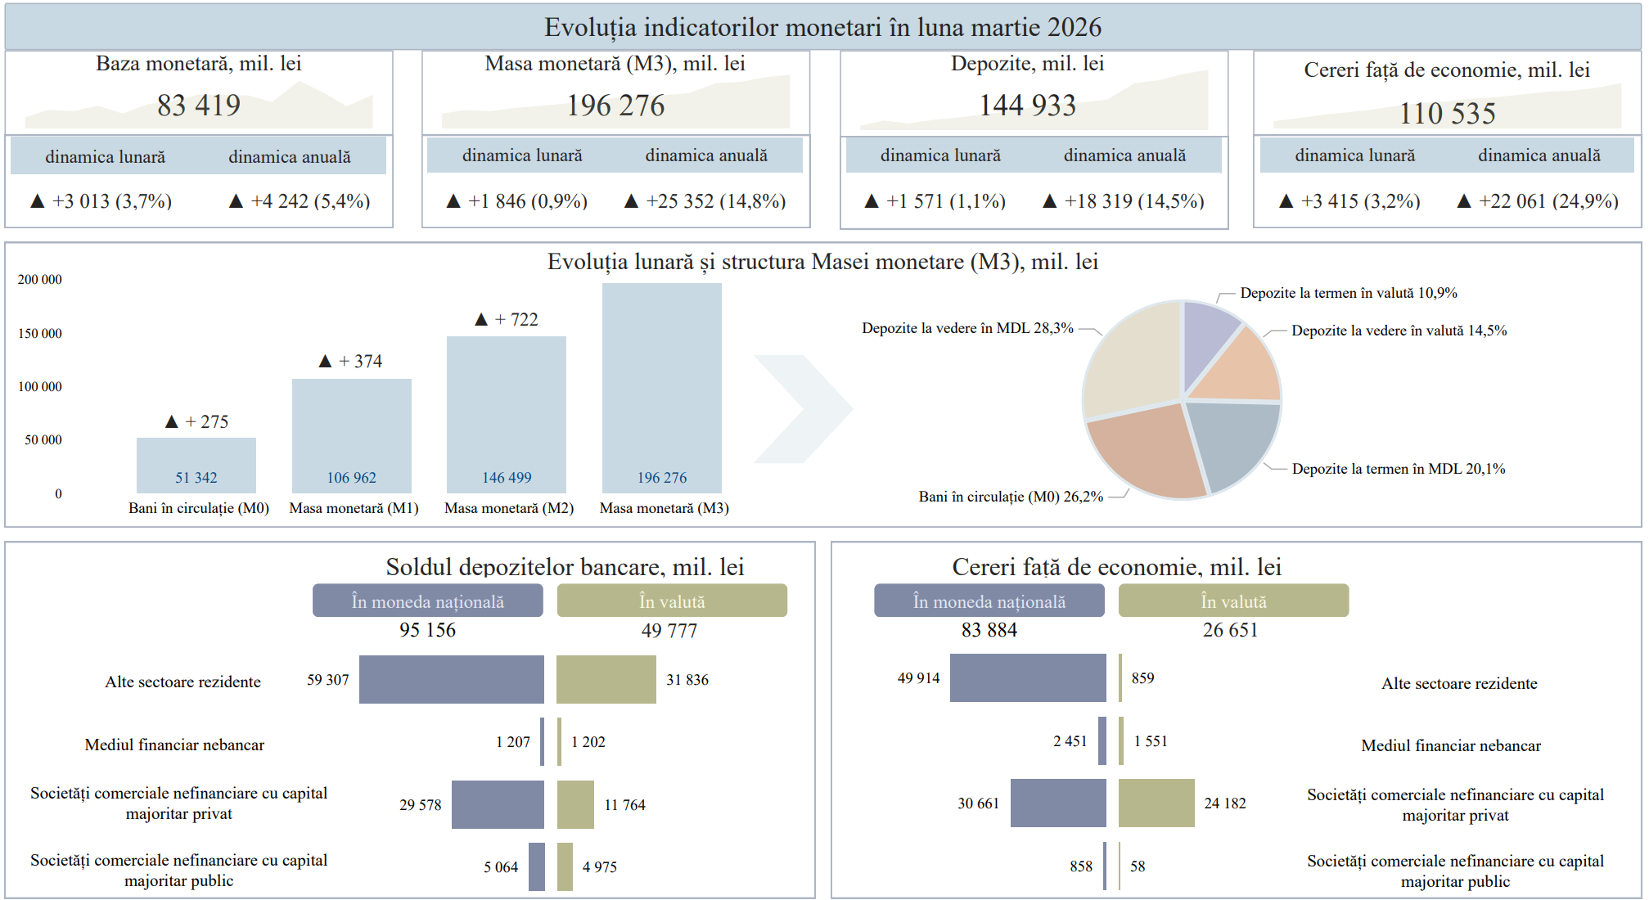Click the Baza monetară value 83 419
[199, 106]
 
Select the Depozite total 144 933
[1028, 106]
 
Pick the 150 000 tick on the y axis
[40, 333]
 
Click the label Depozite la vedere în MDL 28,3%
[967, 328]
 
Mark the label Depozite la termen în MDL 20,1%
[1399, 469]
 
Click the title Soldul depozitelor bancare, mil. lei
[565, 567]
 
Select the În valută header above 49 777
[672, 601]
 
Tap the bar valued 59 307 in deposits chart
[452, 679]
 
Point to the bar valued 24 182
[1156, 803]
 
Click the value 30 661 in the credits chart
[978, 803]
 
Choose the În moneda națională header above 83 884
[989, 601]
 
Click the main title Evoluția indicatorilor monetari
[823, 27]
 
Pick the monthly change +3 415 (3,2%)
[1360, 201]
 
